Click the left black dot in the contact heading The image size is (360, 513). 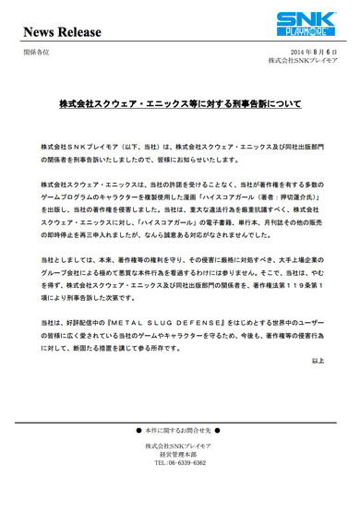pyautogui.click(x=138, y=431)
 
